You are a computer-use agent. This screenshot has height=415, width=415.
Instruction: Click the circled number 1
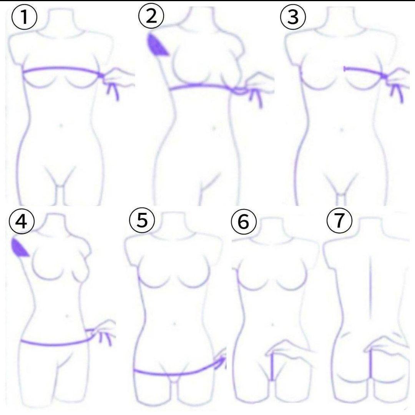24,17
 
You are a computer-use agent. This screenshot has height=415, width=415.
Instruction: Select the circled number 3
293,17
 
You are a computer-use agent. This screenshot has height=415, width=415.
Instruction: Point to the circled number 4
22,221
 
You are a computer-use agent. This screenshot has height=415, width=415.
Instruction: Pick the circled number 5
142,220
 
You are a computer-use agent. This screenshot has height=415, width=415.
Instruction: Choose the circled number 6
244,222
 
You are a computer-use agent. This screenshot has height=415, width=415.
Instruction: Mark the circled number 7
340,221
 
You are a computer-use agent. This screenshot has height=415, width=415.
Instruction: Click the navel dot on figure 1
61,125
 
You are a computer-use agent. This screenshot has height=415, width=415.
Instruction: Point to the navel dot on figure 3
342,129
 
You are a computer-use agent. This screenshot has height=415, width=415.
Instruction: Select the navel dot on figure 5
174,324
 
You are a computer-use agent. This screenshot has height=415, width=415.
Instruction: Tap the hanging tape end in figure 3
397,93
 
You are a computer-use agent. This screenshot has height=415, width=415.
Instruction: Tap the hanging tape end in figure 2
256,98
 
